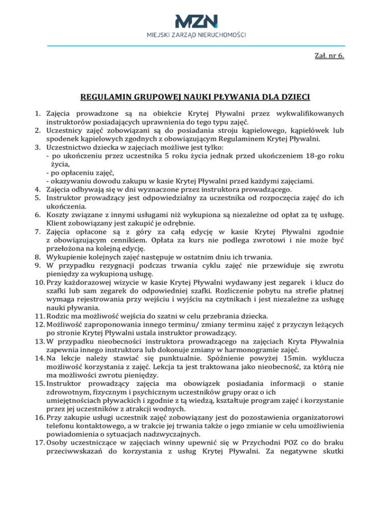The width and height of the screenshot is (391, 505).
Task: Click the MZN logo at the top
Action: coord(195,21)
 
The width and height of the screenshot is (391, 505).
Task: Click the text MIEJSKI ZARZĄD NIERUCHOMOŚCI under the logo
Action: coord(195,35)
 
